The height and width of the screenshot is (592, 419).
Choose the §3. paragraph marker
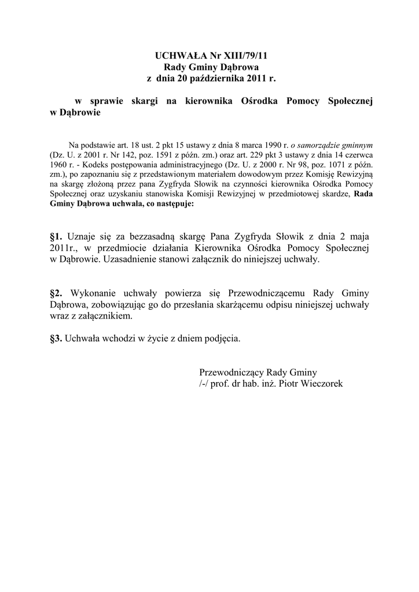click(x=57, y=338)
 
